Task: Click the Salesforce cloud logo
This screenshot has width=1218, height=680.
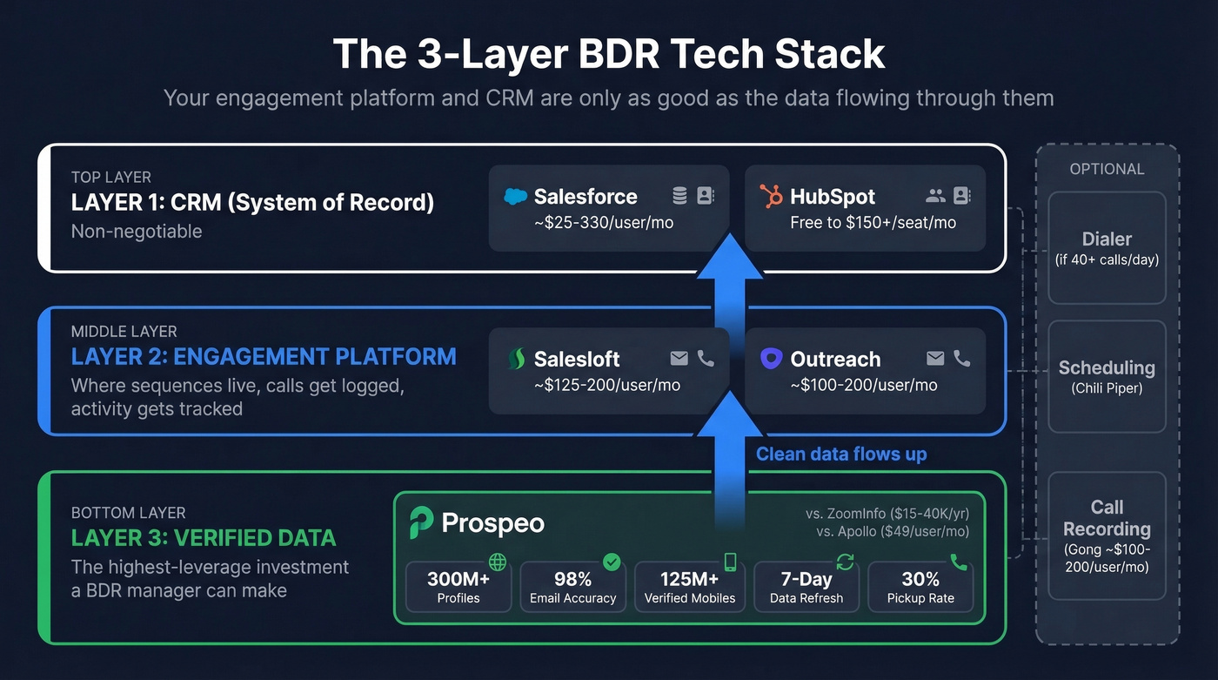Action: click(x=516, y=197)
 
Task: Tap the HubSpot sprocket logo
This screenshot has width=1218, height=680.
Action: click(x=771, y=197)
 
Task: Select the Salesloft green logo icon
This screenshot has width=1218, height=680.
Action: click(x=516, y=359)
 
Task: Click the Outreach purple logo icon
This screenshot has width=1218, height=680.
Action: click(x=771, y=359)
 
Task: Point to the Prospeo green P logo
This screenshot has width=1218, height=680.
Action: click(x=422, y=522)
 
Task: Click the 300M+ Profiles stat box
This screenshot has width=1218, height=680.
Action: click(x=458, y=587)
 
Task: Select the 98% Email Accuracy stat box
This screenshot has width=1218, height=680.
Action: click(x=572, y=587)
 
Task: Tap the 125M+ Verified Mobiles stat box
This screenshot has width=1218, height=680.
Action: click(x=689, y=587)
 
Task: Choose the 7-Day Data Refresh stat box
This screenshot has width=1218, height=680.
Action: click(x=806, y=587)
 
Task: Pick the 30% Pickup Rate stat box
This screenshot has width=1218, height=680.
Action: click(x=920, y=587)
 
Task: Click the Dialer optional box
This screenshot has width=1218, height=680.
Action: click(x=1107, y=248)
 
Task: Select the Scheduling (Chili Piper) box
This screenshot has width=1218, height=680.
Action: click(x=1107, y=376)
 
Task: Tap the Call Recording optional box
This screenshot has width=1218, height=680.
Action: click(x=1107, y=535)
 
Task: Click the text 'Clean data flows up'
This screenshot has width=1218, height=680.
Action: click(x=841, y=454)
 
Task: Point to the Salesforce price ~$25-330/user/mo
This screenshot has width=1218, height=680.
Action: click(x=604, y=222)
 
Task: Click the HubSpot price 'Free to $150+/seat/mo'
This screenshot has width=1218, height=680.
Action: click(x=873, y=222)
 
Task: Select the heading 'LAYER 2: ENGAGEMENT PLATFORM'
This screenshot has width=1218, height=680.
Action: click(x=264, y=356)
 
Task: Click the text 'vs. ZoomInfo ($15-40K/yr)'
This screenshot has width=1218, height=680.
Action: click(x=887, y=514)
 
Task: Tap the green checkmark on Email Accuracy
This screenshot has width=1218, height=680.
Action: click(x=612, y=562)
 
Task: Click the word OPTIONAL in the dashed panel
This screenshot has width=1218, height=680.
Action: click(x=1107, y=169)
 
